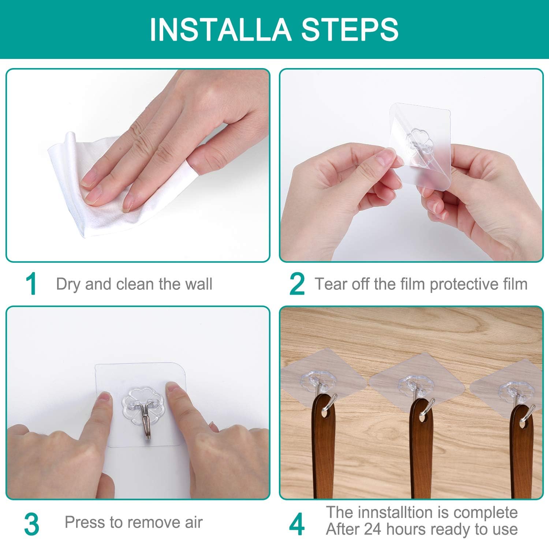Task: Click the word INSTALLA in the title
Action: (x=221, y=29)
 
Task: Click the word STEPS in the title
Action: (x=350, y=29)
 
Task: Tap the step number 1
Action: (x=31, y=284)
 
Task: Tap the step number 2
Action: (x=296, y=284)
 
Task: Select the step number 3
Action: (x=32, y=524)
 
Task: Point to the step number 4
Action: (x=296, y=524)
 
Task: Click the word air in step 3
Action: (x=193, y=522)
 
